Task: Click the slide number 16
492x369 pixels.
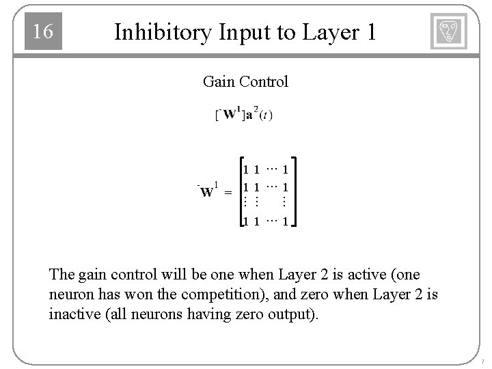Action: click(x=42, y=31)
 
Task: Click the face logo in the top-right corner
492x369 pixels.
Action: click(x=449, y=31)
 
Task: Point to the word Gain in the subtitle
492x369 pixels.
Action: click(x=217, y=82)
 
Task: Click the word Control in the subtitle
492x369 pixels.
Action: click(x=262, y=82)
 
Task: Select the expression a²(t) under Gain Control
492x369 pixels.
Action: click(x=259, y=114)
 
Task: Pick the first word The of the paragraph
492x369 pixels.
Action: click(x=61, y=275)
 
